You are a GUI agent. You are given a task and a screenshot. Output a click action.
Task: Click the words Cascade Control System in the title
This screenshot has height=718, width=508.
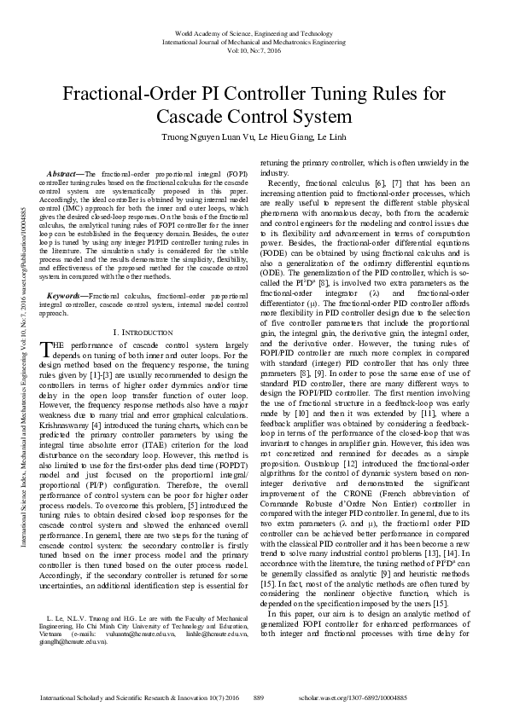click(x=254, y=116)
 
